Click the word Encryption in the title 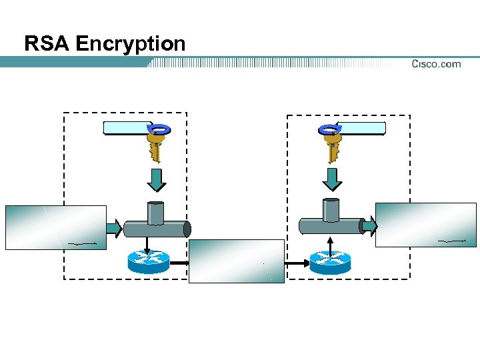[x=130, y=44]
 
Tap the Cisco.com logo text [x=436, y=64]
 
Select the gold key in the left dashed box [x=155, y=146]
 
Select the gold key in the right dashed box [x=332, y=146]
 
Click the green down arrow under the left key [x=155, y=178]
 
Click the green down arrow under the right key [x=332, y=178]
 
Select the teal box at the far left [x=56, y=227]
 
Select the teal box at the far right [x=426, y=225]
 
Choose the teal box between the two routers [x=237, y=261]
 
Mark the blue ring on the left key [x=161, y=129]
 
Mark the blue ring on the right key [x=329, y=129]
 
